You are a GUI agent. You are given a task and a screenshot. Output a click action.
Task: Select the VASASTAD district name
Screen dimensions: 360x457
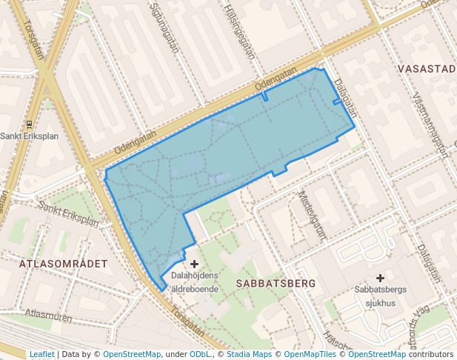pos(427,69)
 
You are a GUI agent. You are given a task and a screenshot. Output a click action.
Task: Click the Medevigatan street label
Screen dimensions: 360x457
pos(312,213)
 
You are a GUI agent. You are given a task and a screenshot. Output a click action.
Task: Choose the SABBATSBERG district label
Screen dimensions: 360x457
pos(276,283)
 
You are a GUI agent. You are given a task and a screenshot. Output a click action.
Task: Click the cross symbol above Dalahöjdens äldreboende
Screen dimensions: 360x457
pos(195,264)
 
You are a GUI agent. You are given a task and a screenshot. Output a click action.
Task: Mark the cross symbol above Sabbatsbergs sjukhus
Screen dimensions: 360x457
pos(380,278)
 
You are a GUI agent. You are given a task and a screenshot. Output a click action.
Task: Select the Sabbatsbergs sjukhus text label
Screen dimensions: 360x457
pos(380,296)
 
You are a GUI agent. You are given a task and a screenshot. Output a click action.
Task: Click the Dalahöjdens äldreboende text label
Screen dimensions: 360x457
pos(195,281)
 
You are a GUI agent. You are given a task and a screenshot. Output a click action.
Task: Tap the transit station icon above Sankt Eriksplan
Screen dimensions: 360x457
pos(29,124)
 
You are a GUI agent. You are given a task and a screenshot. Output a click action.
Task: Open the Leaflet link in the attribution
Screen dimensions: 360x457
pos(41,354)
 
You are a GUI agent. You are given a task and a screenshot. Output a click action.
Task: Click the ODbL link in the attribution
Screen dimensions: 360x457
pos(199,354)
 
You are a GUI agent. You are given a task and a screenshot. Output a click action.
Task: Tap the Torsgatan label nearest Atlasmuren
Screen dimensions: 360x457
pos(186,321)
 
